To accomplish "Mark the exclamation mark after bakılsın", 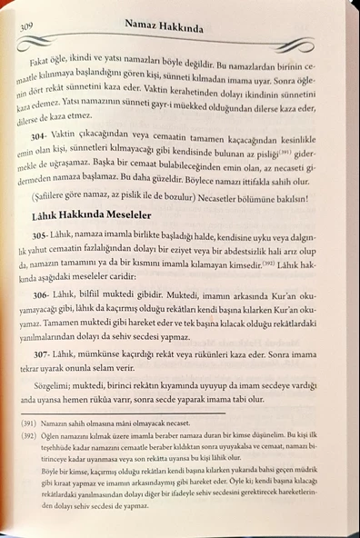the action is pos(335,221).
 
